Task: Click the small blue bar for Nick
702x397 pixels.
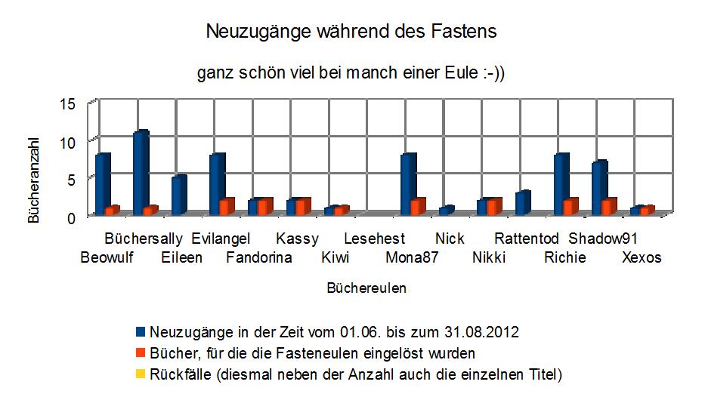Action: coord(446,210)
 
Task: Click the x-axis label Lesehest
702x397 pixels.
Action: coord(374,239)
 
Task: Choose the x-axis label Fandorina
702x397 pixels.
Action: coord(259,257)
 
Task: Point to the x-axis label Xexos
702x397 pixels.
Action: coord(642,257)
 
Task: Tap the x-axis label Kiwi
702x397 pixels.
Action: coord(335,257)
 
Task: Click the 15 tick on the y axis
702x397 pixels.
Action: coord(68,103)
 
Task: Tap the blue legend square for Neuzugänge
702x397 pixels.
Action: coord(141,332)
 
